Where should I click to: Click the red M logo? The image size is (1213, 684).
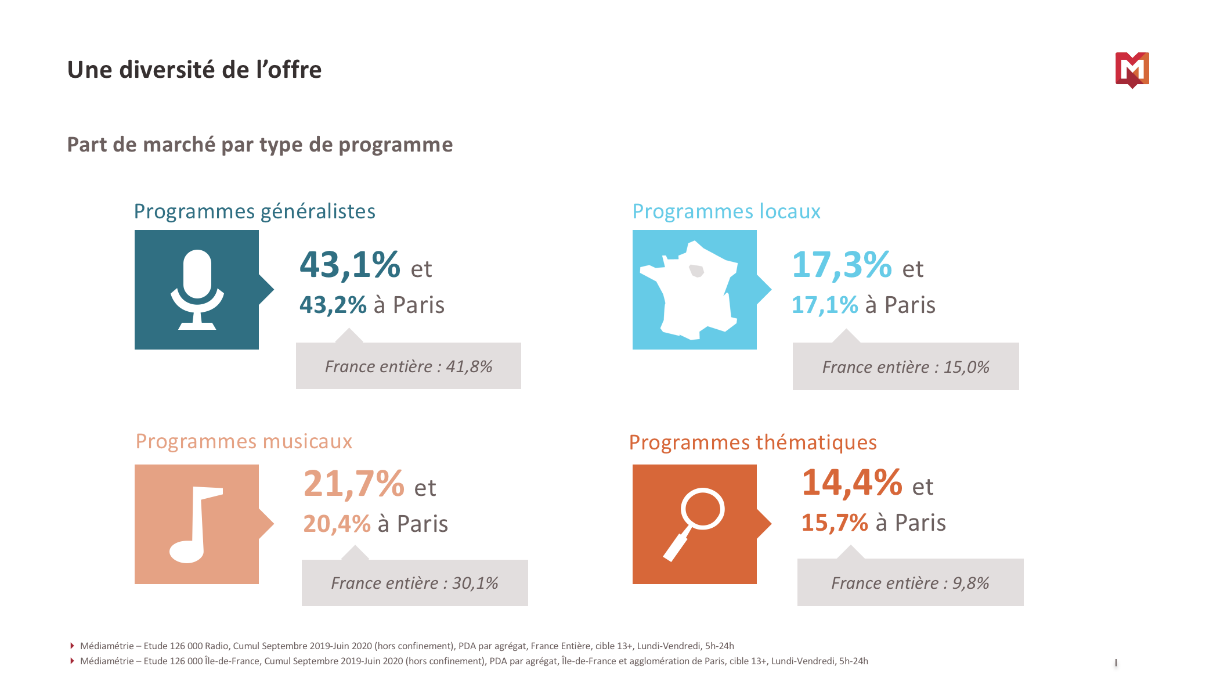tap(1132, 70)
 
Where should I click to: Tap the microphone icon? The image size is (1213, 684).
tap(197, 289)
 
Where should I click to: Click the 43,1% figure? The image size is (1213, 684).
tap(350, 265)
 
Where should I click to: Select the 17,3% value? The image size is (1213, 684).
tap(842, 265)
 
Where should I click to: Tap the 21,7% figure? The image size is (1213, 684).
tap(353, 484)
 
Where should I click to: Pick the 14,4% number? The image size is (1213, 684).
tap(851, 483)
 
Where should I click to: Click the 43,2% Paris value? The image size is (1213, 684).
tap(333, 305)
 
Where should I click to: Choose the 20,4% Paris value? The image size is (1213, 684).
tap(337, 524)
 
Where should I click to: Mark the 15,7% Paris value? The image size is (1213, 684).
tap(835, 523)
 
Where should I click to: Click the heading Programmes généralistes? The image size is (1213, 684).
tap(254, 211)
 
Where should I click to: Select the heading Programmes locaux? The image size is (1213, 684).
tap(726, 211)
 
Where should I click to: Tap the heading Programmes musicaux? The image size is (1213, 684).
tap(244, 441)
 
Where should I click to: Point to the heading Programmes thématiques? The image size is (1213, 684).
tap(753, 442)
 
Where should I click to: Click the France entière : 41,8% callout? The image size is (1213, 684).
tap(409, 366)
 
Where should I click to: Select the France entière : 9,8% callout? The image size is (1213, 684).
tap(910, 583)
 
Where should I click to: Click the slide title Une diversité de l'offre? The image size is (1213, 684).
tap(194, 70)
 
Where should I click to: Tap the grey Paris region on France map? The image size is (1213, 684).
tap(696, 271)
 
